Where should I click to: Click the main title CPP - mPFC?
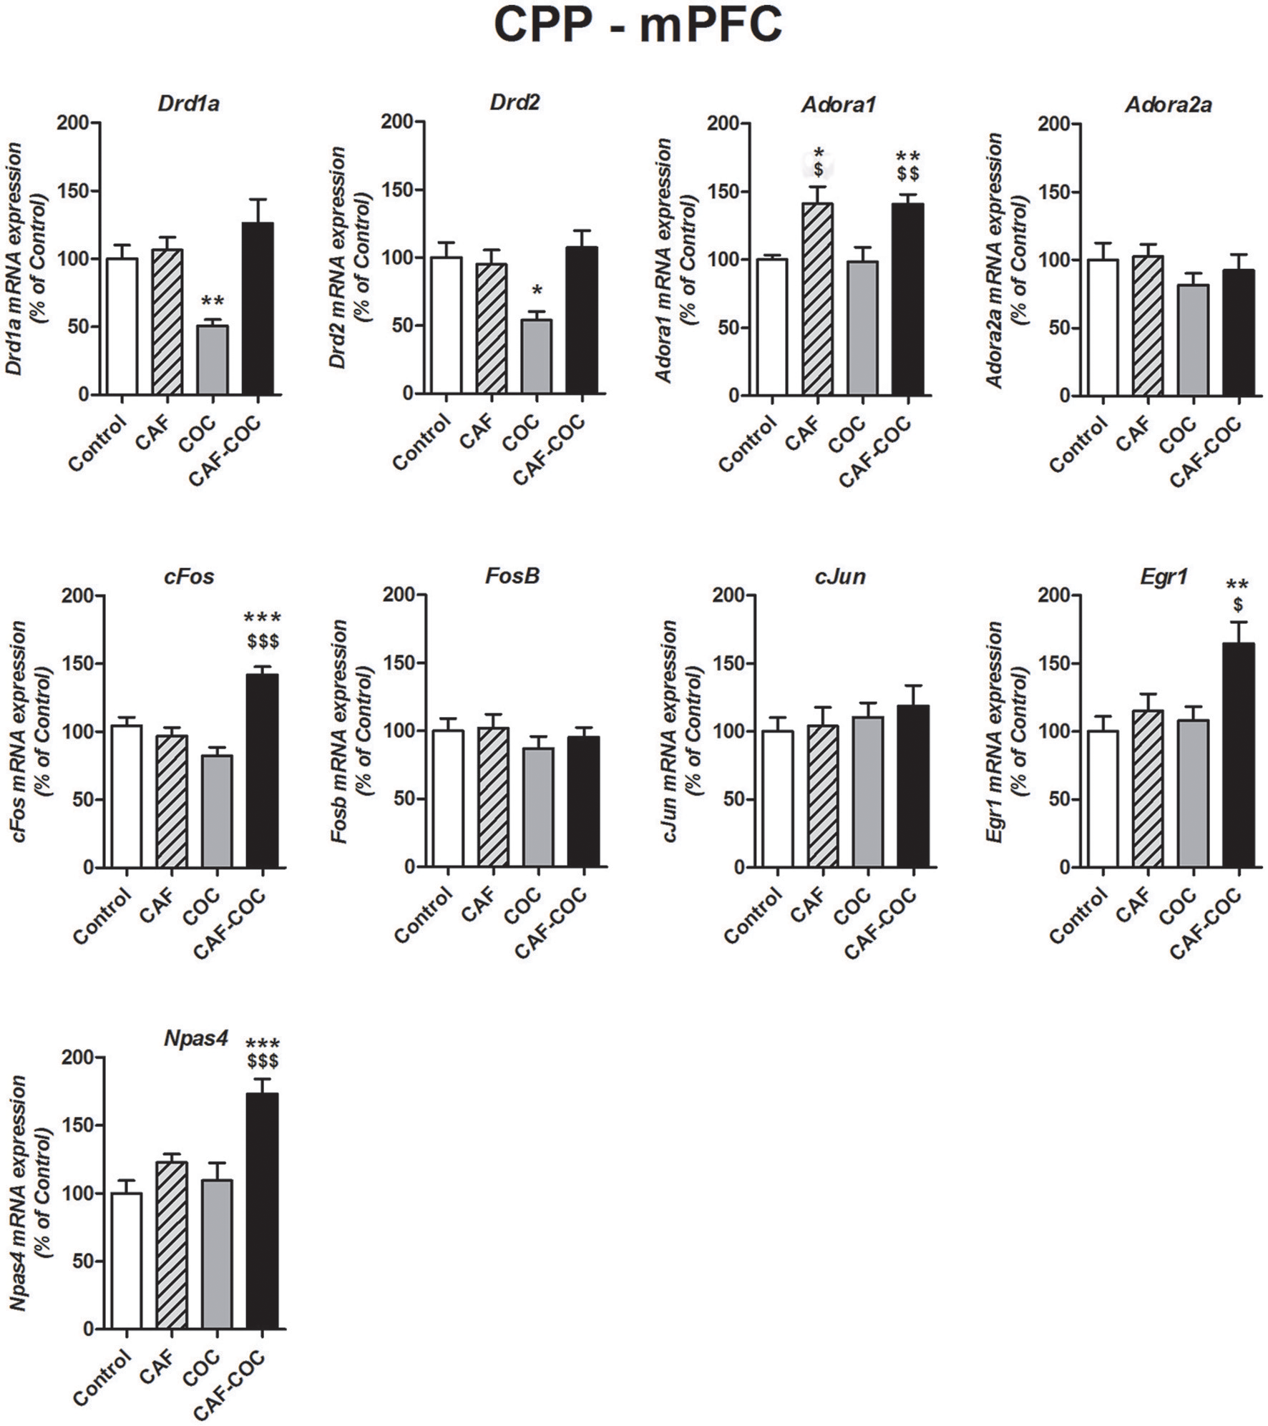point(638,27)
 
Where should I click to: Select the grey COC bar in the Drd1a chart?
point(213,360)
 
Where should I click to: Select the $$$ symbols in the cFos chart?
point(263,641)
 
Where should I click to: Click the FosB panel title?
point(512,576)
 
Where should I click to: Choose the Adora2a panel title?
point(1168,105)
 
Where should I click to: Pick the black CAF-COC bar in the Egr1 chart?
point(1239,755)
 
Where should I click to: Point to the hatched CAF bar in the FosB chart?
point(493,796)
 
